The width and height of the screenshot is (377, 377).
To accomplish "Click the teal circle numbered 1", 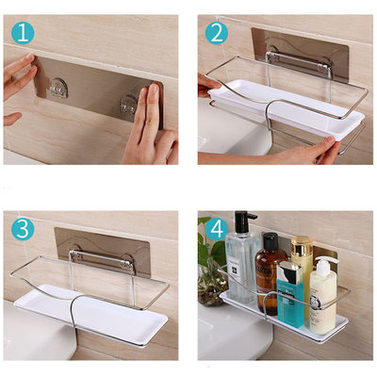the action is coord(23,33).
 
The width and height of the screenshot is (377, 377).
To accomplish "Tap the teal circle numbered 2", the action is coord(217,33).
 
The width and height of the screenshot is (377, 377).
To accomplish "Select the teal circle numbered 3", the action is coord(23,229).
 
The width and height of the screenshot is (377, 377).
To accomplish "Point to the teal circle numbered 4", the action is coord(217,229).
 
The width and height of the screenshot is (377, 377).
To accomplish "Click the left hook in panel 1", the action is coord(58,87).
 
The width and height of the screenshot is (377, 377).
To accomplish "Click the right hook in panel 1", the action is coord(129,105).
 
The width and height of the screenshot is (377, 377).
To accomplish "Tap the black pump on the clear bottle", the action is coord(244,221).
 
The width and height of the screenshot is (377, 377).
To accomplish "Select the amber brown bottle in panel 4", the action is coord(267,274).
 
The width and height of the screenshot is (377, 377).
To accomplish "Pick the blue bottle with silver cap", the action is coord(290,294).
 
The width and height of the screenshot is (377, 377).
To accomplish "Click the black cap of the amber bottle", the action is coord(270,241).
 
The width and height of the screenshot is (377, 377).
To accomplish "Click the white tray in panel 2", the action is coord(286,108).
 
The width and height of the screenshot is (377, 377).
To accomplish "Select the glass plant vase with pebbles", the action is coord(211,287).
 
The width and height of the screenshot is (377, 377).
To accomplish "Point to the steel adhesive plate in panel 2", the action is coord(300,55).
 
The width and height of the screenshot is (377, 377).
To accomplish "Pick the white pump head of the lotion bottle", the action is coord(327,261).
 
